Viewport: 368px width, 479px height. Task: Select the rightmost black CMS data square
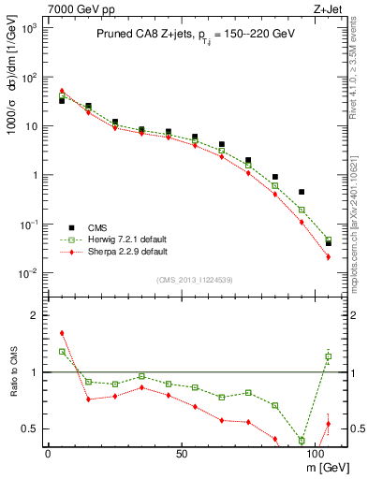pos(329,242)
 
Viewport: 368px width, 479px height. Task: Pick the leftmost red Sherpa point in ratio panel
pos(62,333)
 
